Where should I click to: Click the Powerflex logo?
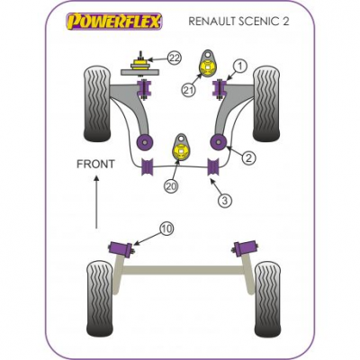pyautogui.click(x=114, y=22)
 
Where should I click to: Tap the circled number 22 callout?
pyautogui.click(x=175, y=58)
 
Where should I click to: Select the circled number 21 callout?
pyautogui.click(x=189, y=89)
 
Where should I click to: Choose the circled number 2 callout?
pyautogui.click(x=248, y=157)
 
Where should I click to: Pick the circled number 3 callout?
pyautogui.click(x=225, y=200)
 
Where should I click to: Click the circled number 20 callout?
pyautogui.click(x=171, y=186)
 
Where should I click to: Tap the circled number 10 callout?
pyautogui.click(x=167, y=229)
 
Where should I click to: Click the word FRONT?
pyautogui.click(x=95, y=164)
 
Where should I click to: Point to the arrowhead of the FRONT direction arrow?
pyautogui.click(x=96, y=178)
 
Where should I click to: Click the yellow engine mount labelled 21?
pyautogui.click(x=208, y=67)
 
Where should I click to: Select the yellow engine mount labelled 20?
pyautogui.click(x=182, y=151)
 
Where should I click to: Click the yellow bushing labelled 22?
pyautogui.click(x=139, y=64)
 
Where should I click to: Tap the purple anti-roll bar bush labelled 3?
pyautogui.click(x=214, y=166)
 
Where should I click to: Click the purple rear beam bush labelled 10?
pyautogui.click(x=121, y=248)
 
